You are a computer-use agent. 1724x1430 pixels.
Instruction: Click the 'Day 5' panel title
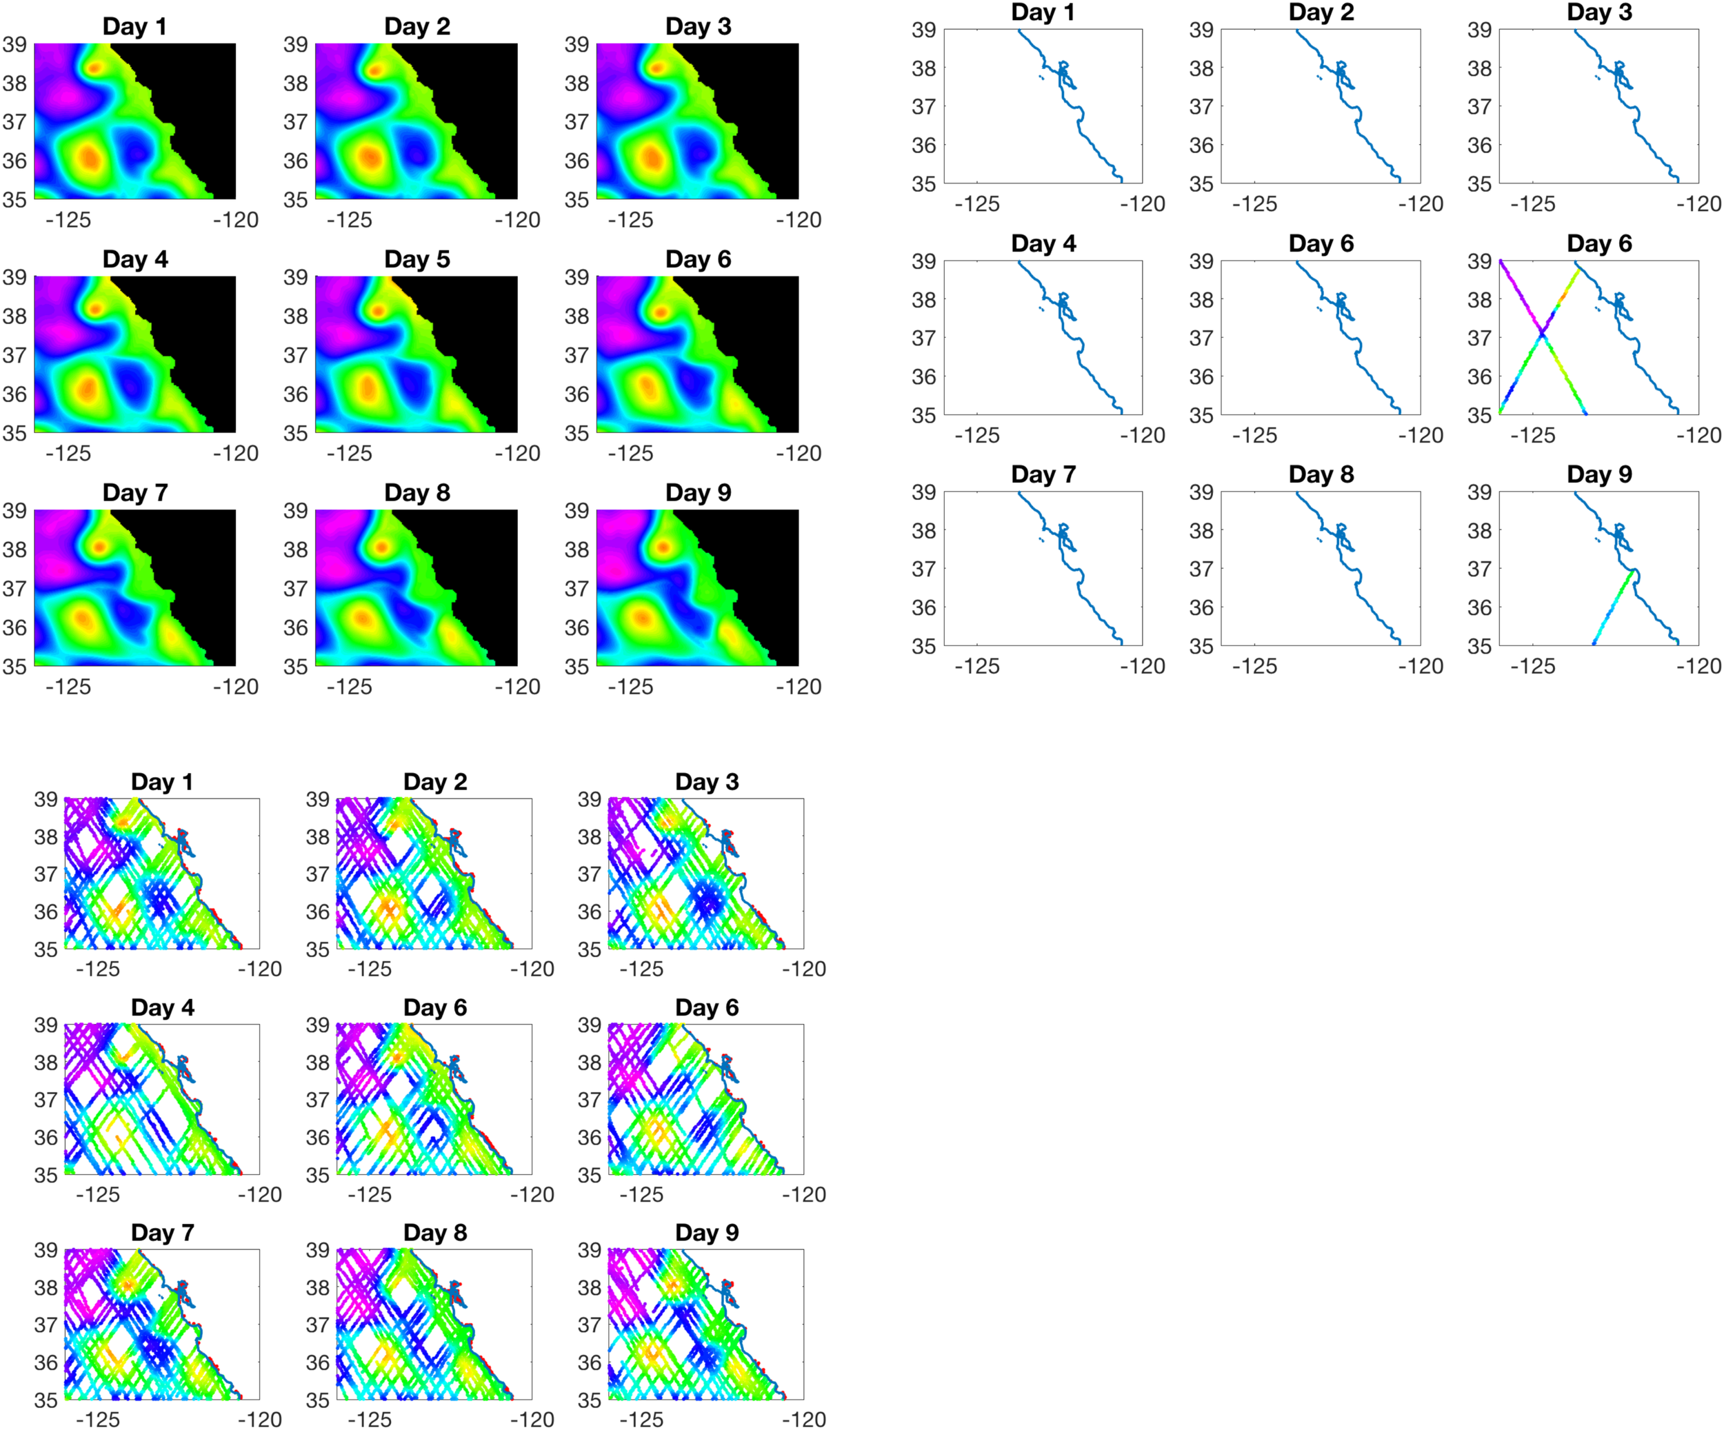(x=417, y=259)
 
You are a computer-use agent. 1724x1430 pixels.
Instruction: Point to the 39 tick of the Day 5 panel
(x=296, y=277)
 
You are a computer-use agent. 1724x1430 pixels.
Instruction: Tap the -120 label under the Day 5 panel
(x=517, y=453)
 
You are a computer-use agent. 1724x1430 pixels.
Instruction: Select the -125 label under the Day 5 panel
(x=349, y=453)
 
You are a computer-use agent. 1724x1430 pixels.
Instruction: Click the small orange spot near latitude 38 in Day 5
(x=378, y=311)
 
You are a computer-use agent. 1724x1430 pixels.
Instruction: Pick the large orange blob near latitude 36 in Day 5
(x=367, y=387)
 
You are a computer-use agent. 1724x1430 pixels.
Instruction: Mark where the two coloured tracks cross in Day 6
(x=1543, y=333)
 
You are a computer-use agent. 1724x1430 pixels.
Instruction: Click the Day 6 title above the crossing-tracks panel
(x=1598, y=244)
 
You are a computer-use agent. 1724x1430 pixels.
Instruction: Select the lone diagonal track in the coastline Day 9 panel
(x=1613, y=607)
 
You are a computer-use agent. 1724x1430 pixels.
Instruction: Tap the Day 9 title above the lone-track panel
(x=1598, y=474)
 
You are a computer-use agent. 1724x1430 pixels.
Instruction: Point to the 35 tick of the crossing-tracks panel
(x=1479, y=415)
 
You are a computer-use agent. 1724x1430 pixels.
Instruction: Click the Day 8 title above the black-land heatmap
(x=417, y=492)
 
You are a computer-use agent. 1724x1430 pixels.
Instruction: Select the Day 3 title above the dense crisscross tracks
(x=706, y=781)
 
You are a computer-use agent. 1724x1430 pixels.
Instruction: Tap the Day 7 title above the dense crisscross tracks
(x=162, y=1232)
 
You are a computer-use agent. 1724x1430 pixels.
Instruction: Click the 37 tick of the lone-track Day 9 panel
(x=1479, y=569)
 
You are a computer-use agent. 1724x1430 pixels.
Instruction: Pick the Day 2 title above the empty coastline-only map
(x=1321, y=12)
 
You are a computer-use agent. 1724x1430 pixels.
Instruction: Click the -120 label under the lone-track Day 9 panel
(x=1698, y=666)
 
